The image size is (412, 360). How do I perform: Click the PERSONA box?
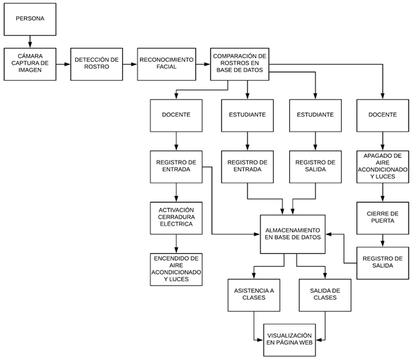pos(30,18)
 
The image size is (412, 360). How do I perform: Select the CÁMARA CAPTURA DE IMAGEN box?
pos(30,64)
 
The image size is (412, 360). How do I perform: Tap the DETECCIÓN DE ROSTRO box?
pos(97,64)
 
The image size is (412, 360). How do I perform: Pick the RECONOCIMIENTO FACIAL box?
pos(166,64)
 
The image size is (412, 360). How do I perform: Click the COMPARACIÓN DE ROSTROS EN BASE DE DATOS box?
pos(240,64)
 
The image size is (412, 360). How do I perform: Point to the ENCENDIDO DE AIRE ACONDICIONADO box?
pos(176,269)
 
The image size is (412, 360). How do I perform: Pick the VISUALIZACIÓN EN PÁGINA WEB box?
pos(289,339)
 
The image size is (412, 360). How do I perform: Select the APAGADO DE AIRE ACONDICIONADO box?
pos(382,166)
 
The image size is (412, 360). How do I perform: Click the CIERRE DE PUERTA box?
pos(382,216)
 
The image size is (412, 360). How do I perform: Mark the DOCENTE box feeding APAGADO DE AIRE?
pos(382,115)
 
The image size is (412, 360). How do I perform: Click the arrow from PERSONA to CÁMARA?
pos(30,42)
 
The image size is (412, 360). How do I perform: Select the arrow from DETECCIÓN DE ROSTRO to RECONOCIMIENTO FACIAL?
pos(130,64)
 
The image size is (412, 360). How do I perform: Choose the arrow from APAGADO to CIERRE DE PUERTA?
pos(382,191)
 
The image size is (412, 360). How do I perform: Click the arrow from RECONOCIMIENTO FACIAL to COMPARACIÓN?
pos(202,64)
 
